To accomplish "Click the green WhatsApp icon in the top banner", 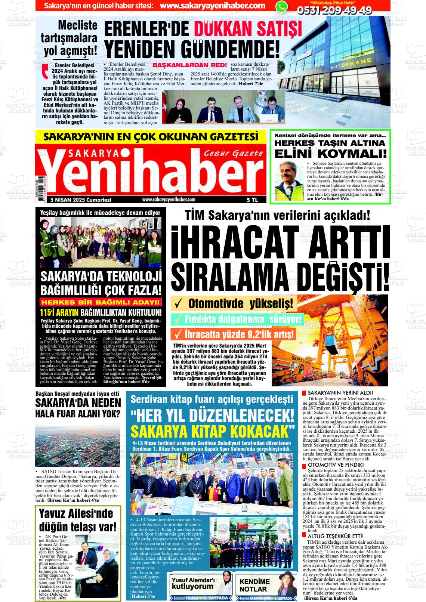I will pos(282,6).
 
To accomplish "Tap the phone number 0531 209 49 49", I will pos(334,10).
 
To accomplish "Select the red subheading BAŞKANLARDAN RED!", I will pos(190,65).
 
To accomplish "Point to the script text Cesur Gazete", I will pos(233,153).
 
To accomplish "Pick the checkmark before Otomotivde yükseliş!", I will pos(179,303).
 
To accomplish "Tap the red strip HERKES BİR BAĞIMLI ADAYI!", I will pos(102,302).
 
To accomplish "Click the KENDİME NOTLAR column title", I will pos(254,585).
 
